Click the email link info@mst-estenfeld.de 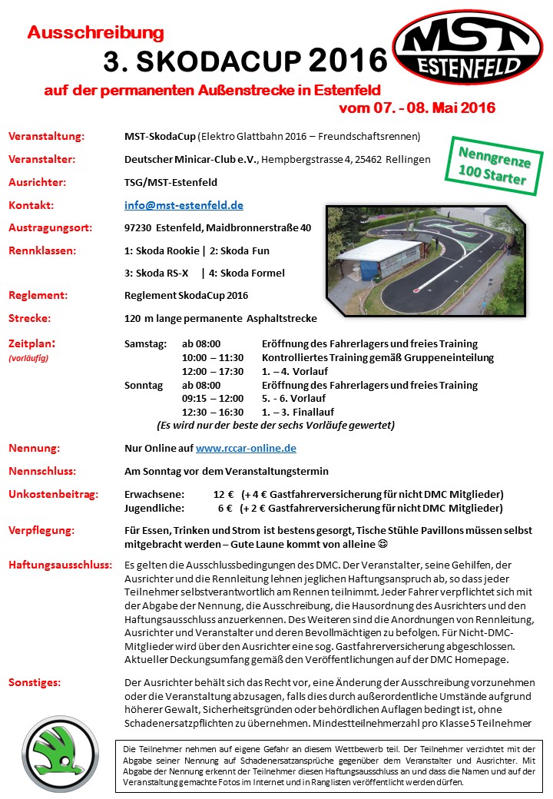tap(184, 205)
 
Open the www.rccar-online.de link tap(246, 448)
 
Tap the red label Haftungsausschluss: tap(60, 565)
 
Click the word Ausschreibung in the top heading tap(96, 32)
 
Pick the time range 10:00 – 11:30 tap(213, 357)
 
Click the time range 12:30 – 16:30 tap(213, 413)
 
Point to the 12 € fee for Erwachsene tap(224, 493)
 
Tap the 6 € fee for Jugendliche tap(225, 508)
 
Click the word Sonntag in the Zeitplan tap(144, 385)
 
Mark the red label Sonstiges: tap(35, 682)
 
